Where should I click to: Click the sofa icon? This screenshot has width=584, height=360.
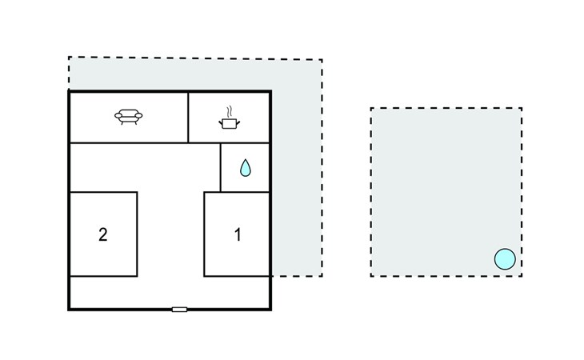tap(129, 117)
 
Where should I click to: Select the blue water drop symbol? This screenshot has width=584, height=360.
tap(245, 168)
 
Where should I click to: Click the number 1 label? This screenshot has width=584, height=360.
tap(238, 234)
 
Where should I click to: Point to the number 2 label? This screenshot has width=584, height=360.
tap(103, 234)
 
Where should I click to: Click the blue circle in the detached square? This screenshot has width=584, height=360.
tap(505, 259)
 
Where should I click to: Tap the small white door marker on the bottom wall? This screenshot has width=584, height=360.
tap(179, 310)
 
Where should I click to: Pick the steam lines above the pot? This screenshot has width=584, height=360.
tap(230, 112)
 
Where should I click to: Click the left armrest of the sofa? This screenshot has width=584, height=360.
tap(118, 116)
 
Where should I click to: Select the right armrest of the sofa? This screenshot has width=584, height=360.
tap(138, 116)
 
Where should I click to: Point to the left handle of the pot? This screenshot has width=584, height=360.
tap(221, 122)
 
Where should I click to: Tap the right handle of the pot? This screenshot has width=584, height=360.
tap(238, 122)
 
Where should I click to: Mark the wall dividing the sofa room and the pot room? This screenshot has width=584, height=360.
tap(188, 118)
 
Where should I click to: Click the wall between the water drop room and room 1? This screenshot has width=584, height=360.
tap(245, 192)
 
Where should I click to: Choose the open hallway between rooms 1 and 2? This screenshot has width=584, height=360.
tap(170, 234)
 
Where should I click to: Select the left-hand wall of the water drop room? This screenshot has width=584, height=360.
tap(221, 167)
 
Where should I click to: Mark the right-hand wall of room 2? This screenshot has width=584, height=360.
tap(137, 234)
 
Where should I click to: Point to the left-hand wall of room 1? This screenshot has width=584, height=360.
tap(204, 234)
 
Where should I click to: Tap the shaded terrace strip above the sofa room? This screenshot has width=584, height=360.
tap(170, 74)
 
